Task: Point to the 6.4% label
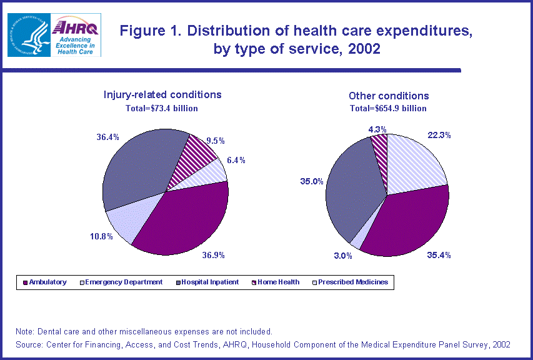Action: point(236,160)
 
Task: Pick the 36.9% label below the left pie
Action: point(212,254)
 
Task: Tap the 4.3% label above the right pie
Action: point(377,129)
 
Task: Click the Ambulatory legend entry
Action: point(45,282)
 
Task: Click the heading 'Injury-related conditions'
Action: point(162,94)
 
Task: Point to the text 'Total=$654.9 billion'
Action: point(388,108)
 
